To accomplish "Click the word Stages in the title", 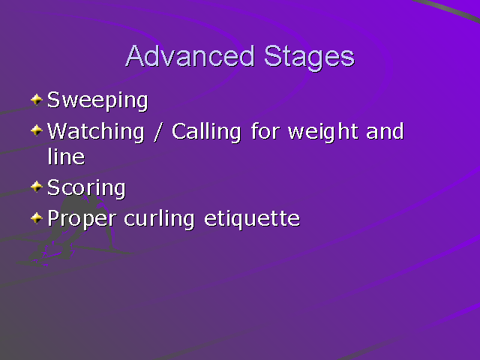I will [308, 58].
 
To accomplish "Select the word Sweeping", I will [97, 100].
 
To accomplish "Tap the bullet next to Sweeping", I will [37, 99].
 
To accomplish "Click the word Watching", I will [95, 132].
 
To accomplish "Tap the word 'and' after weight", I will [385, 132].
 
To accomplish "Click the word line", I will [65, 157].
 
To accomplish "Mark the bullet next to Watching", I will [37, 131].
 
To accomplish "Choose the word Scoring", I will [85, 188].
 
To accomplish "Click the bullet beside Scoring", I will [37, 186].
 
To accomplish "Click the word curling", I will [160, 219].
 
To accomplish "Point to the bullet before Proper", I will [37, 218].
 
